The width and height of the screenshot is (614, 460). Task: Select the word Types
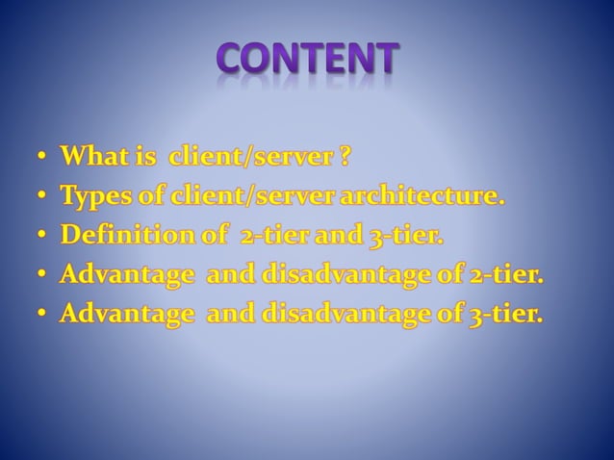tap(94, 197)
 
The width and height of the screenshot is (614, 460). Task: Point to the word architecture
tap(432, 196)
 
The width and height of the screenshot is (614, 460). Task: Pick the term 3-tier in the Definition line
tap(400, 236)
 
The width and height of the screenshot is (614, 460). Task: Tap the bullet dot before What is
tap(43, 157)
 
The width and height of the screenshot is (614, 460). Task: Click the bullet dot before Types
tap(43, 197)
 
